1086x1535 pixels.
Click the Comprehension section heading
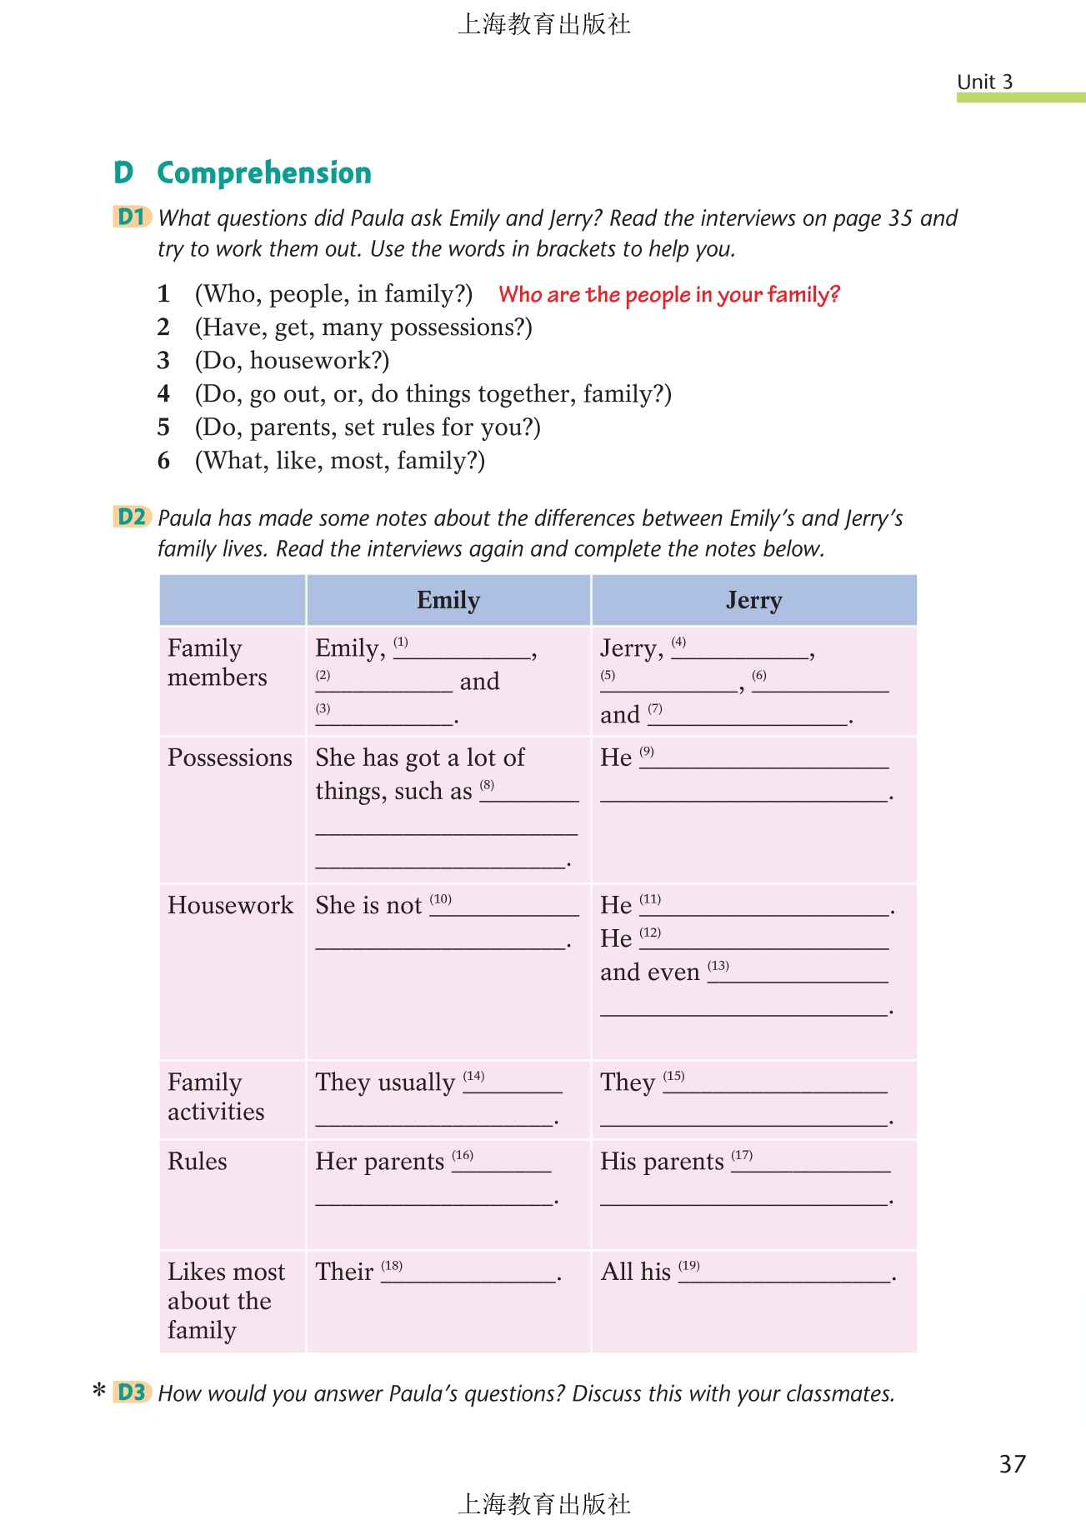pyautogui.click(x=263, y=172)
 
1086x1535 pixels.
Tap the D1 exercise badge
pyautogui.click(x=132, y=217)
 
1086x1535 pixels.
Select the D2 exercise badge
pyautogui.click(x=132, y=517)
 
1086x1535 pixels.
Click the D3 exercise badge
pyautogui.click(x=132, y=1392)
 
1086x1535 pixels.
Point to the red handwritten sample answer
pyautogui.click(x=668, y=294)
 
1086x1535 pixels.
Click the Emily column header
pyautogui.click(x=448, y=600)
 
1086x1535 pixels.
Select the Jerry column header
pyautogui.click(x=753, y=600)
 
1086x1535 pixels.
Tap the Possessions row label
pyautogui.click(x=230, y=757)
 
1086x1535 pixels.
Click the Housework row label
pyautogui.click(x=230, y=905)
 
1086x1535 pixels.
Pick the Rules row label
pyautogui.click(x=198, y=1162)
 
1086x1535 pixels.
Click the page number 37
pyautogui.click(x=1013, y=1464)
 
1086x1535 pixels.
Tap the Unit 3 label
pyautogui.click(x=984, y=82)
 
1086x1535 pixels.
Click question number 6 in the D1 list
pyautogui.click(x=163, y=460)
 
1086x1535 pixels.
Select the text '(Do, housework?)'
pyautogui.click(x=292, y=360)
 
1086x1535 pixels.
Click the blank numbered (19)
pyautogui.click(x=785, y=1275)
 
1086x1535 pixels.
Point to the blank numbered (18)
pyautogui.click(x=468, y=1275)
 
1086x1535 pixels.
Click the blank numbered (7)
pyautogui.click(x=748, y=717)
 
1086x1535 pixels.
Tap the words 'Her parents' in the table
pyautogui.click(x=379, y=1162)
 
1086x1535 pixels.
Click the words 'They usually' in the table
pyautogui.click(x=385, y=1082)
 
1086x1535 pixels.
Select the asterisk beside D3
pyautogui.click(x=99, y=1391)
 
